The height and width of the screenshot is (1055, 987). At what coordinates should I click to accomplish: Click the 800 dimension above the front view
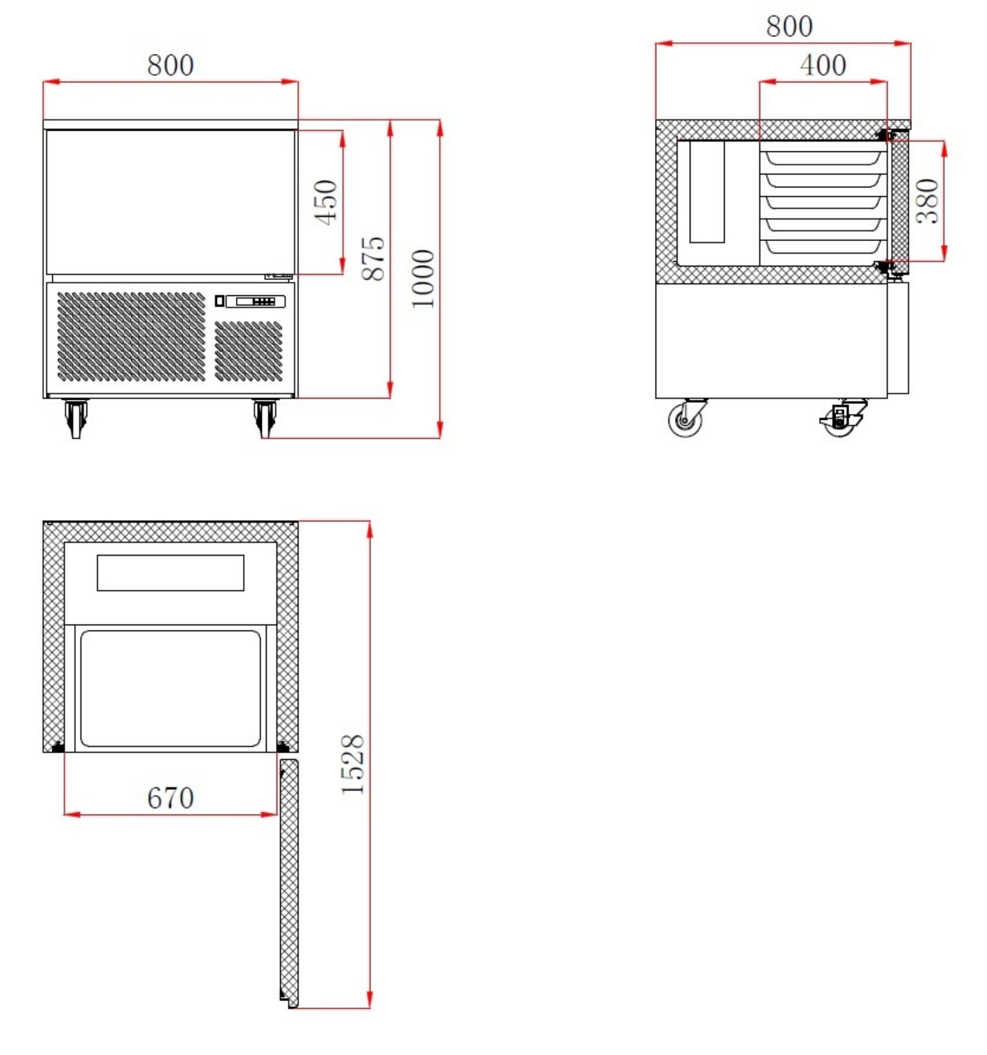coord(170,66)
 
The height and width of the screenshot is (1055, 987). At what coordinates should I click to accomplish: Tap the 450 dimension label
coord(325,203)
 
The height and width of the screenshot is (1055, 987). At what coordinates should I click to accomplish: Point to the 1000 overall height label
coord(423,279)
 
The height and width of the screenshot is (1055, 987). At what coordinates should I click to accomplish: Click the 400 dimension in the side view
coord(822,65)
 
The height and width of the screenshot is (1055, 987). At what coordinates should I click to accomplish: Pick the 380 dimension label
coord(927,202)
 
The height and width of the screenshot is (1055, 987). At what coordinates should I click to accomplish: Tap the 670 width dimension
coord(170,798)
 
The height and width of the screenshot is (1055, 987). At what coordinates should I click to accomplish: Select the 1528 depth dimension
coord(353,765)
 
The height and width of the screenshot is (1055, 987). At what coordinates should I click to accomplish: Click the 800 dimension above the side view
coord(789,26)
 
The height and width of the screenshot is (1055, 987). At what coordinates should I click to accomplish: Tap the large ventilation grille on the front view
coord(130,337)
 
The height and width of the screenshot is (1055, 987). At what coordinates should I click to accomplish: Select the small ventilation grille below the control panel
coord(248,351)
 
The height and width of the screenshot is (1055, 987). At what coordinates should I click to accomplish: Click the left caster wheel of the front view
coord(76,418)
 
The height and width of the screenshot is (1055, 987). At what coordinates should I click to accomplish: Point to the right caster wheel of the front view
coord(265,418)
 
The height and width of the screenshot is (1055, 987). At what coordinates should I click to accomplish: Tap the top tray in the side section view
coord(822,158)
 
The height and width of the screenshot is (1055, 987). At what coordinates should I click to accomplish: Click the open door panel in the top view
coord(289,881)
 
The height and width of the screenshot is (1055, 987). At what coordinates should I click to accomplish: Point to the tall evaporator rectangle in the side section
coord(707,191)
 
